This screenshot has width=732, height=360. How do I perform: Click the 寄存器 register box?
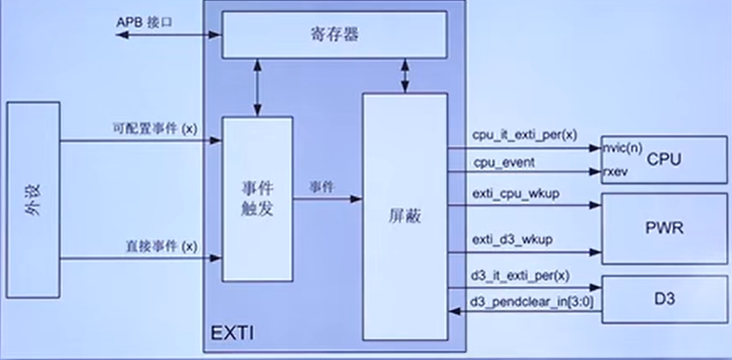(334, 35)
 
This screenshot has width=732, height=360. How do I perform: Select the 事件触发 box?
(258, 198)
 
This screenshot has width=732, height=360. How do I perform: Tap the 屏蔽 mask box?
(404, 217)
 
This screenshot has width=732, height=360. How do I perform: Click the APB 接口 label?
(145, 22)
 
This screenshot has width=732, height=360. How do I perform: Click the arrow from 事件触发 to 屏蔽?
(328, 198)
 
